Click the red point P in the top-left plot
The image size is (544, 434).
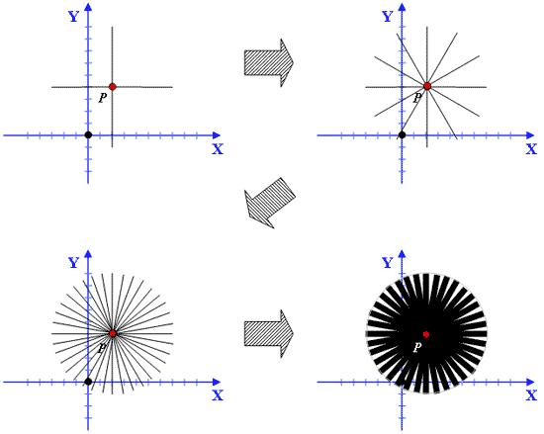(x=112, y=87)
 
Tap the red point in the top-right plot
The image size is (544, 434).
(x=427, y=86)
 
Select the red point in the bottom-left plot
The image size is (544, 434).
(x=112, y=333)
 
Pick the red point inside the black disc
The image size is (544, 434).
(x=426, y=334)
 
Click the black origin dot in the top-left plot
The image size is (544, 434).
(x=88, y=134)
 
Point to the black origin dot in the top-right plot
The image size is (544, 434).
(x=403, y=134)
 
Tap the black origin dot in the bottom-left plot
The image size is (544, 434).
(x=88, y=382)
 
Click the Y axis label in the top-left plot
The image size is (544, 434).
(x=74, y=17)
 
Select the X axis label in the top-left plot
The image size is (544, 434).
(x=218, y=149)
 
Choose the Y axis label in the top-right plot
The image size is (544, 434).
(x=388, y=17)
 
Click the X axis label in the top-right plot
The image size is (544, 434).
(x=531, y=149)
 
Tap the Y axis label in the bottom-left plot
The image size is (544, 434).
(x=74, y=263)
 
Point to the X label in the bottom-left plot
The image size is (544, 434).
(x=218, y=395)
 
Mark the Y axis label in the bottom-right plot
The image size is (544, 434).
(x=388, y=263)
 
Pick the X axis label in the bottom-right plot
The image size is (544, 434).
(x=531, y=395)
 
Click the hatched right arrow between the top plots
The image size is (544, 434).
(x=269, y=62)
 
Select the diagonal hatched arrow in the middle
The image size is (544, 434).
(x=269, y=203)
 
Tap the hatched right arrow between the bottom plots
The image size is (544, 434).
(x=269, y=334)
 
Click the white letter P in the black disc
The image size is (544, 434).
(x=417, y=347)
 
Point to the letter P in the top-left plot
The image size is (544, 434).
(x=102, y=98)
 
